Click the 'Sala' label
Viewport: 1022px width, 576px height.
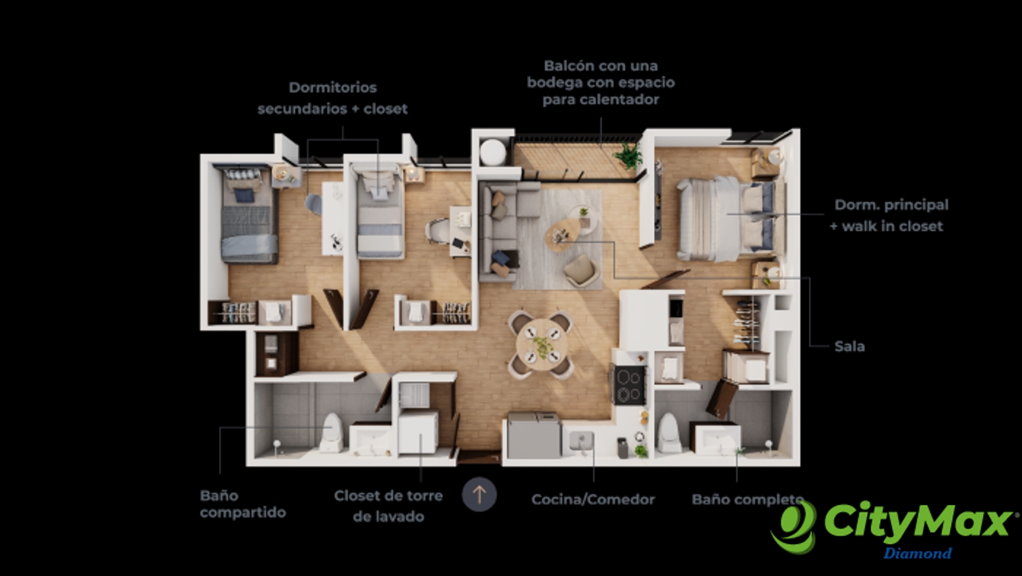coord(850,346)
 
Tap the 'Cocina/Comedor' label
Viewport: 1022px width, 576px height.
coord(593,499)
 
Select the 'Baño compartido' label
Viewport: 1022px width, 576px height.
coord(243,504)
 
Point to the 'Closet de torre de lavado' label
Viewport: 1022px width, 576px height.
coord(388,506)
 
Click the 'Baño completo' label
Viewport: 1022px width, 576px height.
coord(747,499)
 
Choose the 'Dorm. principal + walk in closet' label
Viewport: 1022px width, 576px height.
coord(889,215)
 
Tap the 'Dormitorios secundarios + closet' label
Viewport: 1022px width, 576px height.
coord(332,98)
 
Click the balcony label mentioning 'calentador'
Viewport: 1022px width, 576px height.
coord(600,82)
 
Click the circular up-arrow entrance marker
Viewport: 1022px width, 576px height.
coord(479,494)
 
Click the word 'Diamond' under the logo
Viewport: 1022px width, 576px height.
coord(917,553)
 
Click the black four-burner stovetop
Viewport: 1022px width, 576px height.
coord(630,385)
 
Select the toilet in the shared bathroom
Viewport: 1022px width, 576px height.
coord(332,432)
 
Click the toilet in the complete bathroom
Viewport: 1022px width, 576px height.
coord(669,433)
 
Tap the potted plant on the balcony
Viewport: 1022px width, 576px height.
coord(629,155)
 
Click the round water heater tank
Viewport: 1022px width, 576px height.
coord(492,152)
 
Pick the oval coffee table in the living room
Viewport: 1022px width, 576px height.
coord(562,235)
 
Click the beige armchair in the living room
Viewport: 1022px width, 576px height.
coord(581,270)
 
